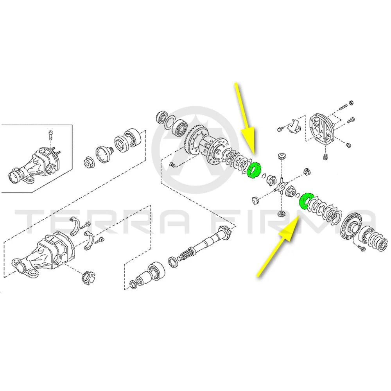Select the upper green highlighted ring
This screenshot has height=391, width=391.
pyautogui.click(x=253, y=170)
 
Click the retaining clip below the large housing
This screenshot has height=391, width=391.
pyautogui.click(x=88, y=277)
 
